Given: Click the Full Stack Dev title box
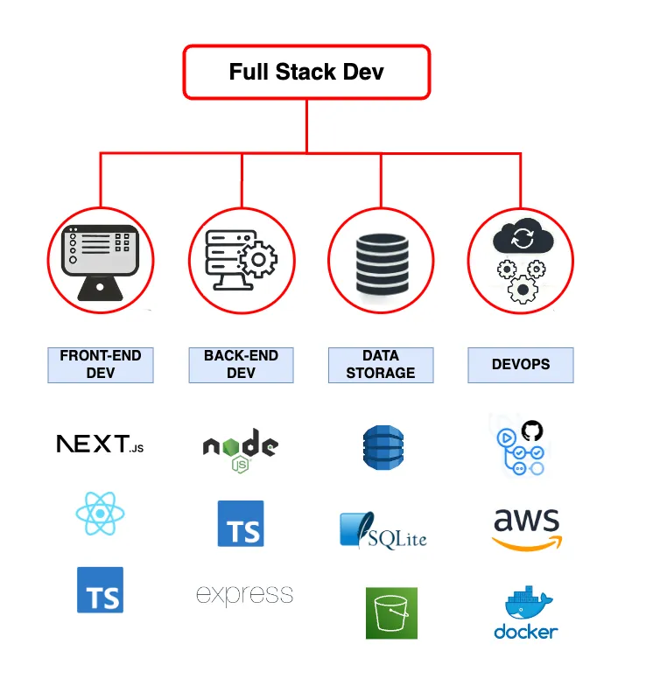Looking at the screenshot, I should tap(306, 71).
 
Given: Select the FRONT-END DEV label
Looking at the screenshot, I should tap(100, 365).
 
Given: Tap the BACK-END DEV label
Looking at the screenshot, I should tap(241, 365).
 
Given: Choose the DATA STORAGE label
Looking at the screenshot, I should tap(381, 365).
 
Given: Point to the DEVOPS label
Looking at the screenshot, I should tap(521, 365).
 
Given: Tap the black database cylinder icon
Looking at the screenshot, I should tap(382, 260).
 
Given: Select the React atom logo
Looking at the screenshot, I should tap(100, 514).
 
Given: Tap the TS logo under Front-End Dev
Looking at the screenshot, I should tap(100, 590).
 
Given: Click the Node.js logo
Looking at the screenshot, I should tap(241, 449).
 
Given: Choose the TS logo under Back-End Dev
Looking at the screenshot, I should tap(241, 524).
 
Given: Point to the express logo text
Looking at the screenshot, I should tap(244, 596).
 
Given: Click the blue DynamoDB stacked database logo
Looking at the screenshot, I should tap(383, 447).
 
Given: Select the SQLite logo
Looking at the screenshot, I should tap(383, 531).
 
